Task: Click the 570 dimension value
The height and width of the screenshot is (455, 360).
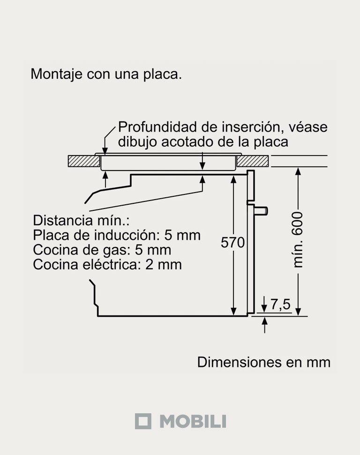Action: coord(233,242)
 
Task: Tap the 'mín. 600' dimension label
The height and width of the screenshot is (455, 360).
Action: coord(298,239)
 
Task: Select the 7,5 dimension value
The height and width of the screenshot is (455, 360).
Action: coord(280,305)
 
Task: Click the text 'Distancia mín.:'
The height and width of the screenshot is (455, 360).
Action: coord(81,220)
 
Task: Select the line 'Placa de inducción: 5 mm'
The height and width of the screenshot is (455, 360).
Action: coord(117,235)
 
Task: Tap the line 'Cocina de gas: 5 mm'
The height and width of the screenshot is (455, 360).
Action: coord(102,249)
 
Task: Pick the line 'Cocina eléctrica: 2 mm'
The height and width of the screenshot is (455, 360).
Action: coord(107,264)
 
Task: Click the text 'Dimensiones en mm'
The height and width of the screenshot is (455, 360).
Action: coord(264,362)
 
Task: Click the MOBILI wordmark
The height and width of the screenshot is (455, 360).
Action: coord(193,421)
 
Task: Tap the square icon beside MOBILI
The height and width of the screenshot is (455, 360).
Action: coord(143,421)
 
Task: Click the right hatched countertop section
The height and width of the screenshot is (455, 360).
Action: coord(253,161)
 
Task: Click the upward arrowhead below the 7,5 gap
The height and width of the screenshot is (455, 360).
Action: coord(265,321)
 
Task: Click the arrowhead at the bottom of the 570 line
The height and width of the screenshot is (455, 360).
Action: coord(233,311)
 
